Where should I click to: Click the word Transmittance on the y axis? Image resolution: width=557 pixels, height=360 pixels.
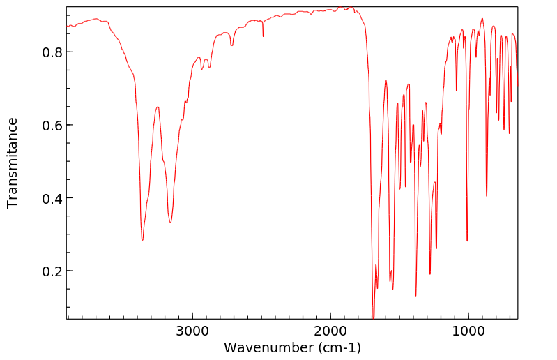pos(13,163)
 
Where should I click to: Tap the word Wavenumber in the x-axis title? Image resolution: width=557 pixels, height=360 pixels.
pos(267,347)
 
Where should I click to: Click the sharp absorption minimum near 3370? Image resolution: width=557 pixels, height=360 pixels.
pos(142,240)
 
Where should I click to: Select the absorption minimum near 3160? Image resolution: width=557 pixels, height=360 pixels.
pos(170,222)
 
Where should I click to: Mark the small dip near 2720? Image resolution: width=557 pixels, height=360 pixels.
pos(231,45)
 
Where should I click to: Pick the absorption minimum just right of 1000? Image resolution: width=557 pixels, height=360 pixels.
pos(467,241)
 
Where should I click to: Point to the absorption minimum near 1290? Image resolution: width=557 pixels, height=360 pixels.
pos(429,273)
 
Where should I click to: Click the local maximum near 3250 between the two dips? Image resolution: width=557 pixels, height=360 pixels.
pos(158,107)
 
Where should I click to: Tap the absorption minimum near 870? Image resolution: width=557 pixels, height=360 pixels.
pos(487,196)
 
